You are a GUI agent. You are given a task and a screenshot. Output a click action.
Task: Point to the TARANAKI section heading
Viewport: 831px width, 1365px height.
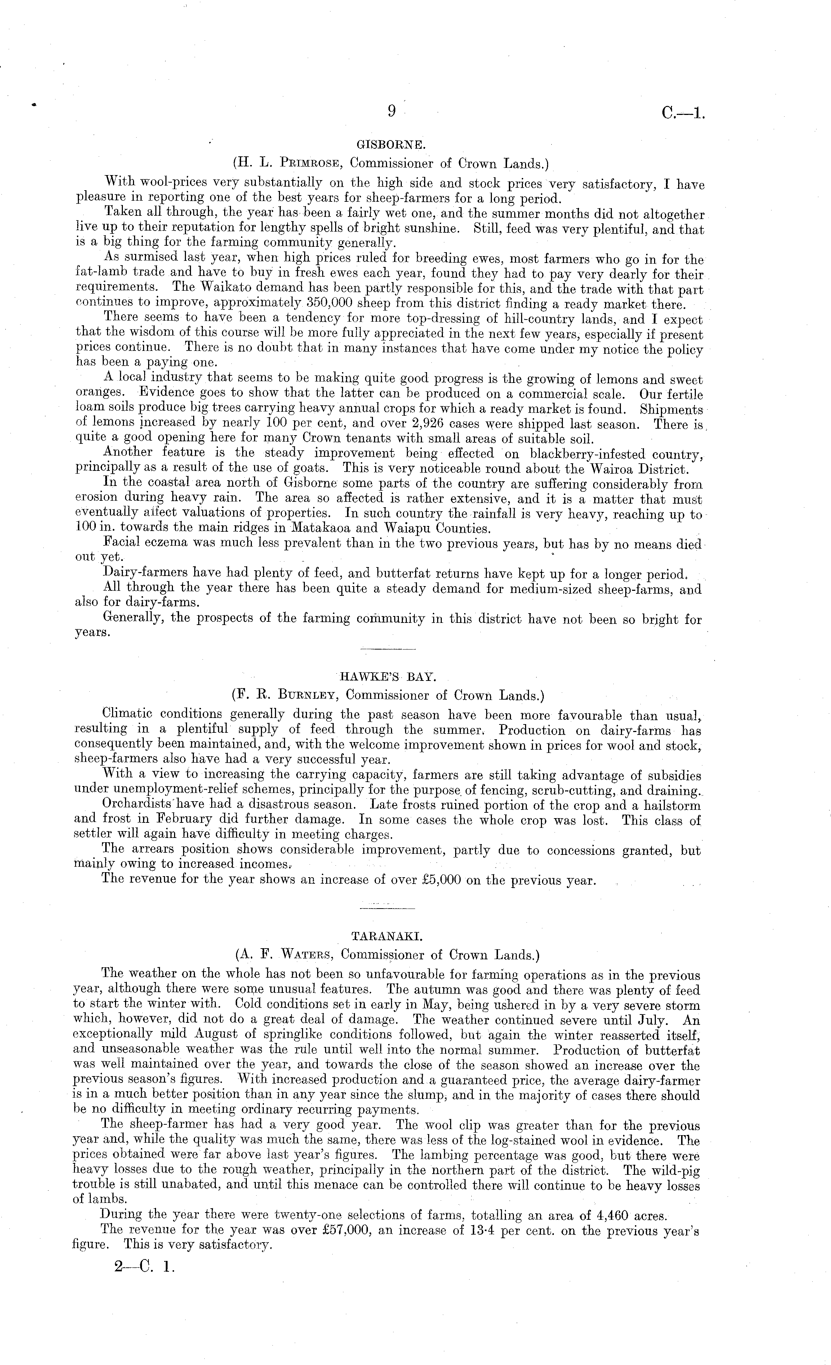coord(387,936)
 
